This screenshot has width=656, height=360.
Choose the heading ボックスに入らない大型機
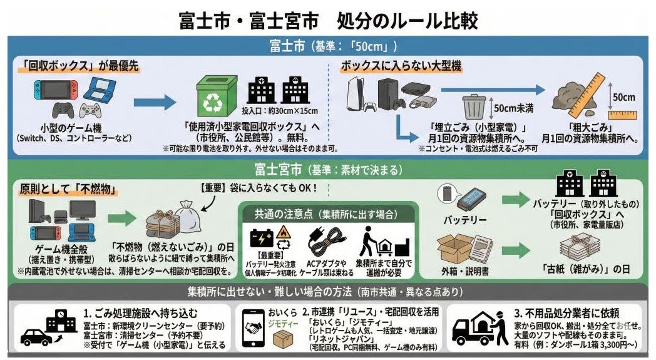pos(393,65)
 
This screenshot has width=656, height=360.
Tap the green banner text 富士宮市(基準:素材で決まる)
pos(327,170)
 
